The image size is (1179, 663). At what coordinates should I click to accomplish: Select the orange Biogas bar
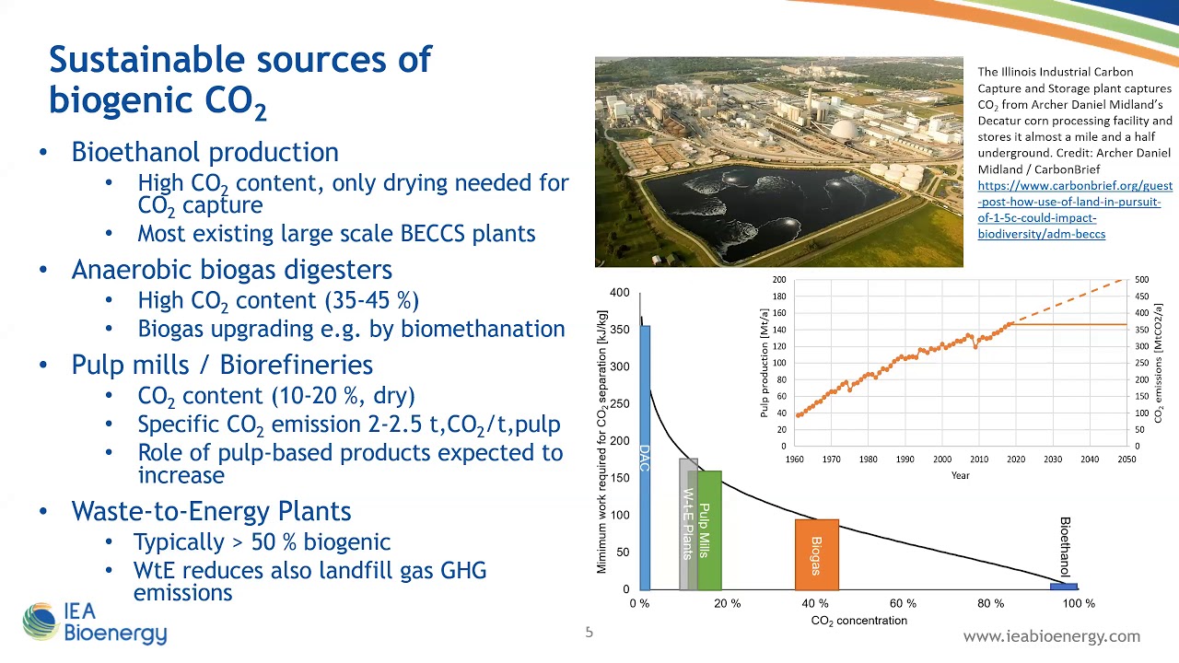pos(816,554)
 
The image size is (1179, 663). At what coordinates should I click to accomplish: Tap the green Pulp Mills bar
pos(709,529)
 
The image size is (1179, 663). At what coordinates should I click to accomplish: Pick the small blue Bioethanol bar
pos(1063,586)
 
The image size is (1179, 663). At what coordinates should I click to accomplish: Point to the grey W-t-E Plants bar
pos(686,525)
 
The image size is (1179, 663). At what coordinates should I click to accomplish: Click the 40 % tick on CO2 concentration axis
pos(814,604)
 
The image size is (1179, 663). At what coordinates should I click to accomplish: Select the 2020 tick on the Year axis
pos(1015,459)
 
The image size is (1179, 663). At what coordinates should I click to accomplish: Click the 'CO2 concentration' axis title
pos(858,621)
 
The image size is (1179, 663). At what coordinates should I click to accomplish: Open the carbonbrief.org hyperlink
pos(1074,210)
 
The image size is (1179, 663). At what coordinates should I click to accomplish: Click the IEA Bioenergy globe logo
pos(41,622)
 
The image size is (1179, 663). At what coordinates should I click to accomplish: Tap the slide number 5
pos(589,632)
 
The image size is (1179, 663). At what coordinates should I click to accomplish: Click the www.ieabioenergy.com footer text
pos(1051,636)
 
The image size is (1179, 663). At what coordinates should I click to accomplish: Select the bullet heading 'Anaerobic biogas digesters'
pos(232,270)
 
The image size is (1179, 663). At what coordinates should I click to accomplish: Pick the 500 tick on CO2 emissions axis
pos(1141,280)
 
